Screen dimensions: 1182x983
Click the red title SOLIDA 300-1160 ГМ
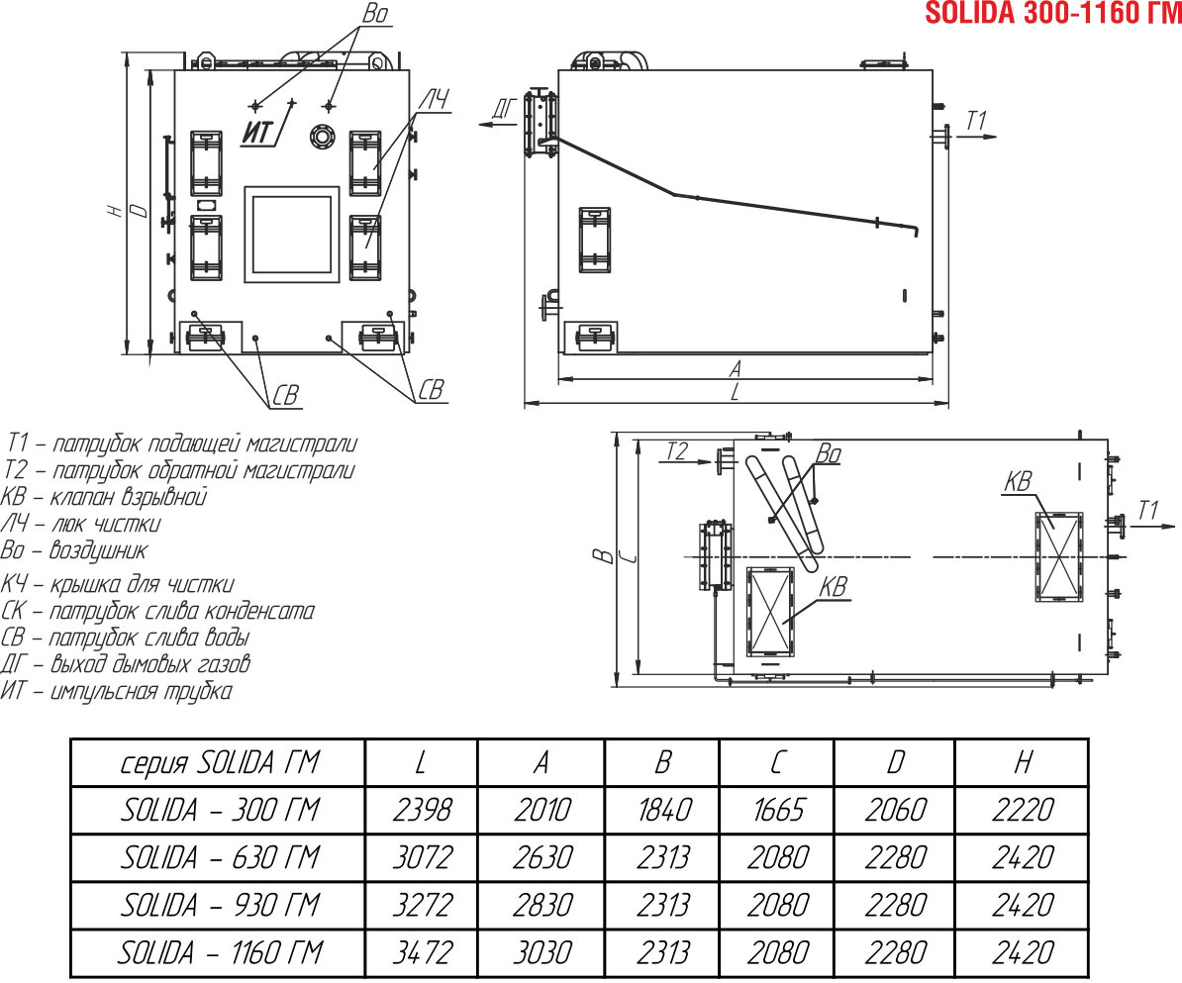[1053, 13]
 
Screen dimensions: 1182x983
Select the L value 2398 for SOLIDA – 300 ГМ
[422, 811]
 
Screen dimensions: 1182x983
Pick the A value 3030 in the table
[542, 953]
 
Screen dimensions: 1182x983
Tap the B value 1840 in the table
[664, 811]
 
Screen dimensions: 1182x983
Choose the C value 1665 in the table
[778, 811]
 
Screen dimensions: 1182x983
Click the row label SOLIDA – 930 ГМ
[220, 906]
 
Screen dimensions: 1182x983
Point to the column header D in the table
[895, 763]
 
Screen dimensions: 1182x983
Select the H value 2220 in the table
[1023, 811]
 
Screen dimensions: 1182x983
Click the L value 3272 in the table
[422, 906]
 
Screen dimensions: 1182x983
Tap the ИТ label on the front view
[257, 134]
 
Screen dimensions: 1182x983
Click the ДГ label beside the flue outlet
[505, 109]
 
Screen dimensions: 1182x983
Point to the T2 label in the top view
[677, 451]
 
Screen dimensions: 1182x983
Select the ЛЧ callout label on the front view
[434, 100]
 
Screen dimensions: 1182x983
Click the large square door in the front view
[292, 235]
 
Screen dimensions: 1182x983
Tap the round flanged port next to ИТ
[324, 137]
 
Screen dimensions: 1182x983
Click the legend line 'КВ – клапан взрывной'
[103, 498]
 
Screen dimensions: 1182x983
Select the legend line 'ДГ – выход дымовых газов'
[125, 664]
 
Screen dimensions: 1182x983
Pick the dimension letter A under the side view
[736, 368]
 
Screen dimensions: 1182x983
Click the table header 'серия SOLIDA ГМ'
[220, 763]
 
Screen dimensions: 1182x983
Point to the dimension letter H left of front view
[115, 210]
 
